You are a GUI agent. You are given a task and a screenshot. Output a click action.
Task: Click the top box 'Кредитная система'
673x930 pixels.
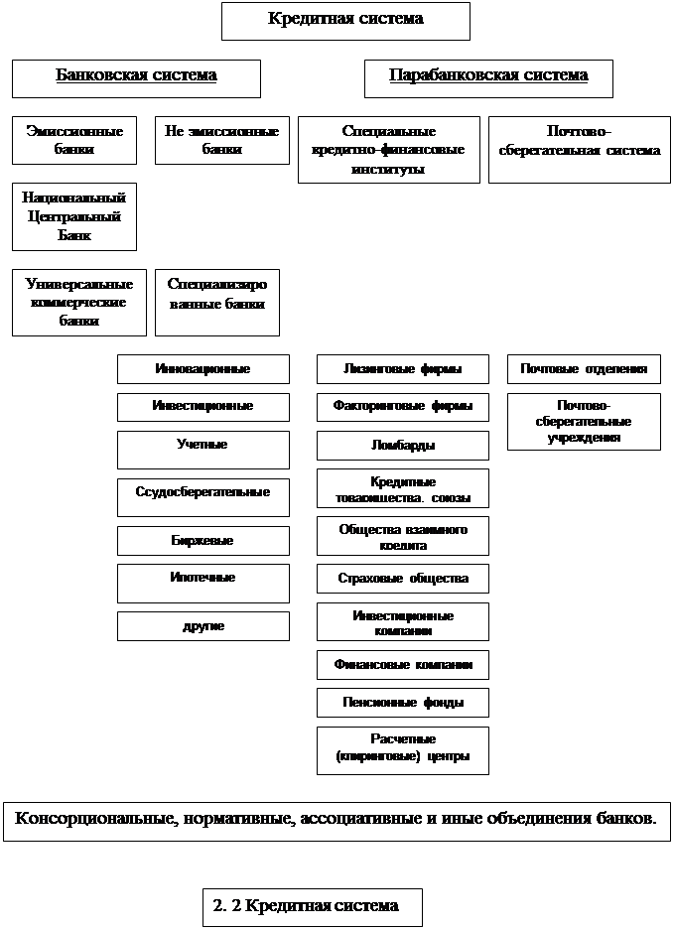[345, 20]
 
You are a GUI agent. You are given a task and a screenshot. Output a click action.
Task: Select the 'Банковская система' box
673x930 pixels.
[136, 77]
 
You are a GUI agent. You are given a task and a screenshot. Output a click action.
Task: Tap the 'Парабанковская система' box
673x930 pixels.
[488, 77]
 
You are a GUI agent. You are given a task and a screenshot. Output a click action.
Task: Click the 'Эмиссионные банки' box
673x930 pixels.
[74, 141]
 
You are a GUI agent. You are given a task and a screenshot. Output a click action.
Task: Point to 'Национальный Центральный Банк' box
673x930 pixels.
[74, 216]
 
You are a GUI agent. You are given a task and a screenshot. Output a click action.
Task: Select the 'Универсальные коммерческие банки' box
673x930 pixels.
[78, 302]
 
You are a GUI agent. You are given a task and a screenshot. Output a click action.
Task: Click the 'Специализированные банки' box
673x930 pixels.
[217, 302]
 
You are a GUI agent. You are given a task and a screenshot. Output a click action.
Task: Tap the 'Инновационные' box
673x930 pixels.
[203, 369]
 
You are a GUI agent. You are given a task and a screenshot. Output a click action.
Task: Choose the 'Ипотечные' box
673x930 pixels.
[203, 583]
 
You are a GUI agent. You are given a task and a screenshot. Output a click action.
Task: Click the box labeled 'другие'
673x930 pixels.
[203, 626]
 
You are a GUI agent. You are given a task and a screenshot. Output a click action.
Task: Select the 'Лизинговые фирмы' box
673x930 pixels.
[403, 369]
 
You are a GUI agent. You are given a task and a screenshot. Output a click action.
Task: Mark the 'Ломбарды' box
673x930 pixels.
[403, 445]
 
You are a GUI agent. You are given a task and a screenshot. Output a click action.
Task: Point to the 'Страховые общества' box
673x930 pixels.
[403, 578]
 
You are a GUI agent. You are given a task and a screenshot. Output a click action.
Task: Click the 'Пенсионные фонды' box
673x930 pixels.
[403, 703]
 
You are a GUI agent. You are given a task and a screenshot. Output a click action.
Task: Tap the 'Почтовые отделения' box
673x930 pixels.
[584, 369]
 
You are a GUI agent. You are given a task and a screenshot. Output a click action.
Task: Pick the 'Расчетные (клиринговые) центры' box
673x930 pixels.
[403, 749]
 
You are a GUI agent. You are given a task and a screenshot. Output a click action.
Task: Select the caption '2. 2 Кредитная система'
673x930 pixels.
[313, 906]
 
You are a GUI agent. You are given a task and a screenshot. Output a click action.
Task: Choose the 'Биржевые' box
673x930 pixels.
[203, 540]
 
